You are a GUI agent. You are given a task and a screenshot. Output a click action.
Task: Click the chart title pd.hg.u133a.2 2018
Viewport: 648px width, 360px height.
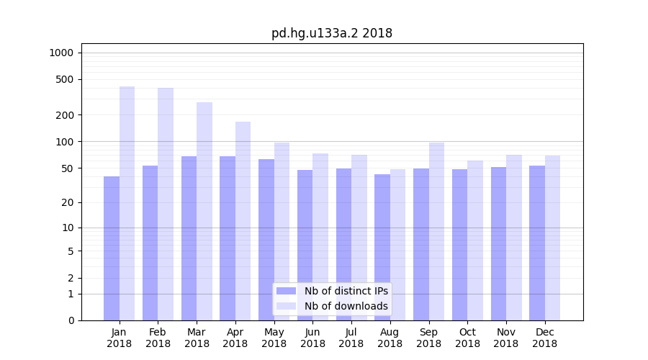coord(331,33)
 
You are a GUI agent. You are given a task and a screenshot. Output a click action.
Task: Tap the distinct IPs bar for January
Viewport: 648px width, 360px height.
coord(112,248)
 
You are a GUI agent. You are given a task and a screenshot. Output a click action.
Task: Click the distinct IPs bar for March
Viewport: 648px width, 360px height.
coord(189,238)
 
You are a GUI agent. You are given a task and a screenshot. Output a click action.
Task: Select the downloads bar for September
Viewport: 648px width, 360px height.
coord(436,231)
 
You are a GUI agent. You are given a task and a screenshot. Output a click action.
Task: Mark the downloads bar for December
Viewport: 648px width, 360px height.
coord(552,238)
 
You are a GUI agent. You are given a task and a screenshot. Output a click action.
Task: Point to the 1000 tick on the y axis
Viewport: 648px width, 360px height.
coord(61,53)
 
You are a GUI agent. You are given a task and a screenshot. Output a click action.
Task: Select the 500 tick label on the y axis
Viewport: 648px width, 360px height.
coord(65,79)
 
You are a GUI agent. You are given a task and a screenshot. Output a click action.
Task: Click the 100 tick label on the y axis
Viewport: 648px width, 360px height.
coord(65,142)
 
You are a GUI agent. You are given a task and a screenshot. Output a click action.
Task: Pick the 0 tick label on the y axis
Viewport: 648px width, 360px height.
coord(71,320)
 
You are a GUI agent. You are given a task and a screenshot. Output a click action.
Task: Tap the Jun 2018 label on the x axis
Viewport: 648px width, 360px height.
coord(312,338)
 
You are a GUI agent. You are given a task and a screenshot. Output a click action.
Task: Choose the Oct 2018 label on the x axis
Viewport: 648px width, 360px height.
coord(467,338)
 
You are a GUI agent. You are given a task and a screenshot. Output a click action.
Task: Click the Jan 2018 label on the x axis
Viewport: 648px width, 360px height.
coord(120,338)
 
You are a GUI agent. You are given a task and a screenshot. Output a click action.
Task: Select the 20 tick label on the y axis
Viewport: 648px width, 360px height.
coord(68,202)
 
